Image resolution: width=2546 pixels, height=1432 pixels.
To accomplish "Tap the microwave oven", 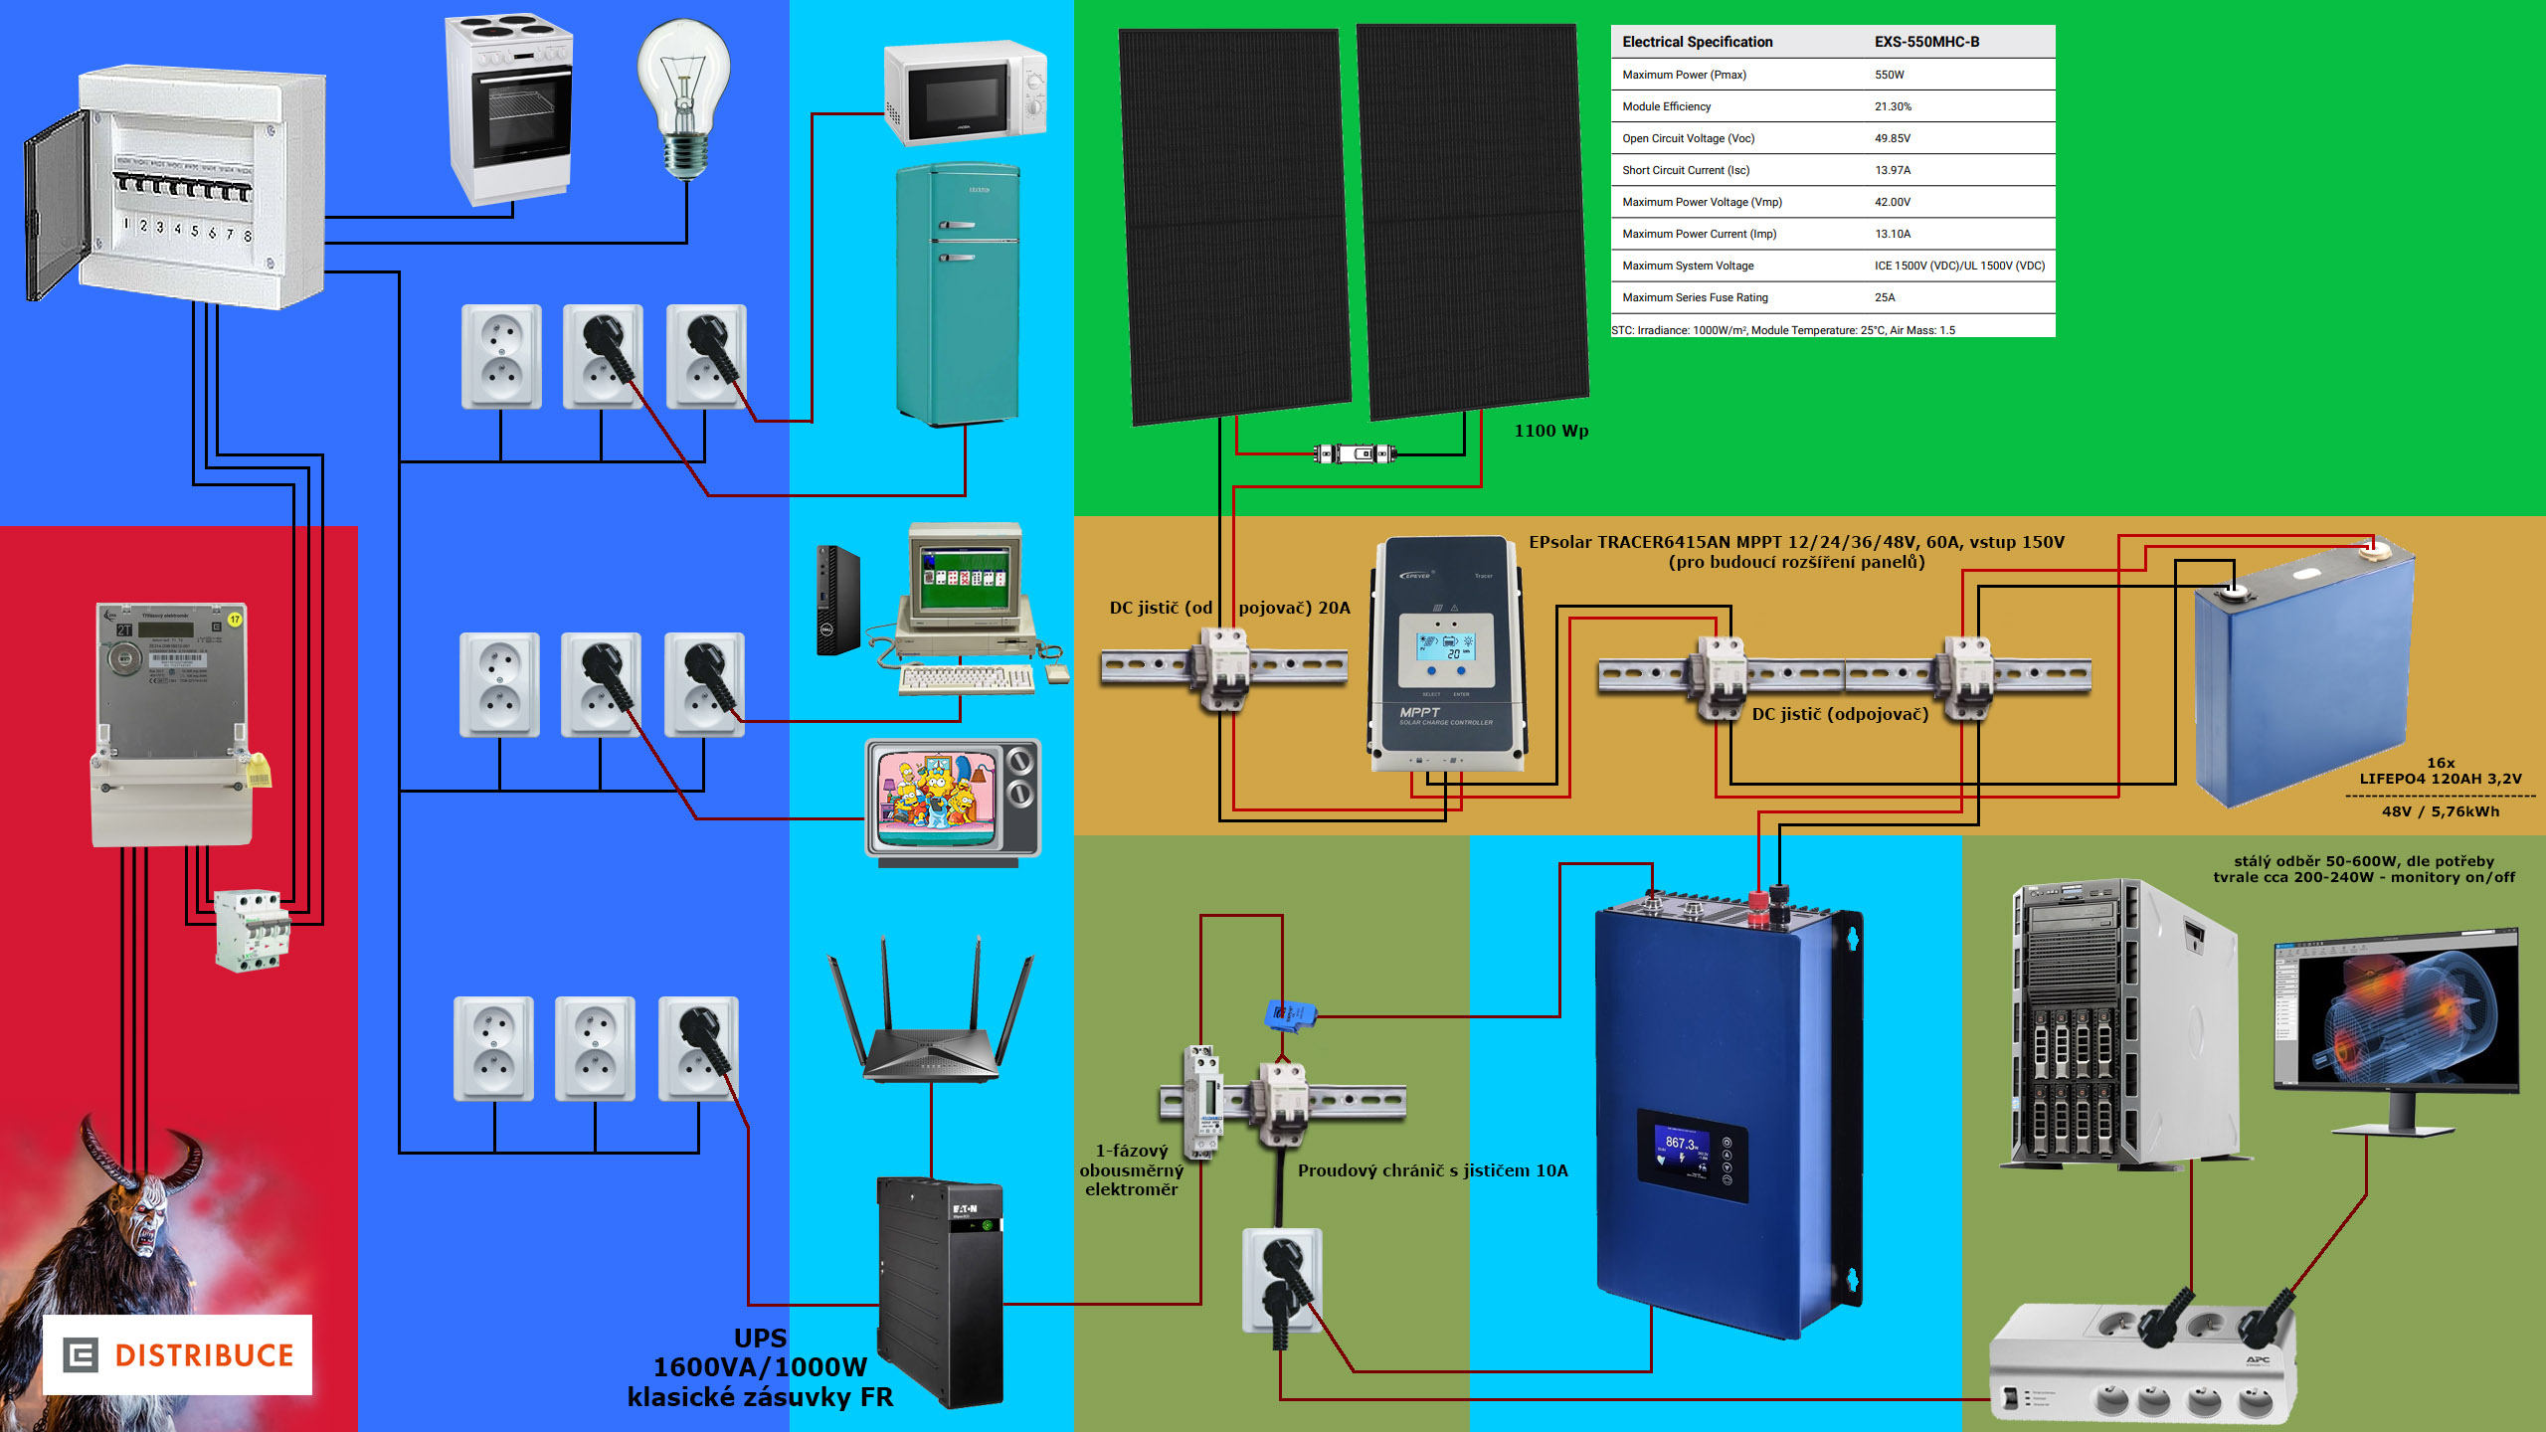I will (965, 92).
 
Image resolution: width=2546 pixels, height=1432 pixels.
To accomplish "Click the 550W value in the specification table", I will (1889, 75).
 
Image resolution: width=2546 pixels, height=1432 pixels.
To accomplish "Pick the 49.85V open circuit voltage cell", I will (1892, 138).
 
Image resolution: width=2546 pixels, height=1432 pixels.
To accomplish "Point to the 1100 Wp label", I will (1550, 431).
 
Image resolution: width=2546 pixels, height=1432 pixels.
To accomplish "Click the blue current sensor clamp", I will (1290, 1015).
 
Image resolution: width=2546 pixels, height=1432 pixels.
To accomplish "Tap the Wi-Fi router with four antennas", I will (930, 1024).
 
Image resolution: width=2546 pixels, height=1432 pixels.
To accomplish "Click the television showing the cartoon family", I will (952, 798).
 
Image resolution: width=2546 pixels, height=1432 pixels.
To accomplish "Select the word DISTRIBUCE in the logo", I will (204, 1355).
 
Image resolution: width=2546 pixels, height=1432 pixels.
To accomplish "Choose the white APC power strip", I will (2142, 1362).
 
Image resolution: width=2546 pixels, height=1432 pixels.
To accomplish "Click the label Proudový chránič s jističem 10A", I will (1432, 1170).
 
